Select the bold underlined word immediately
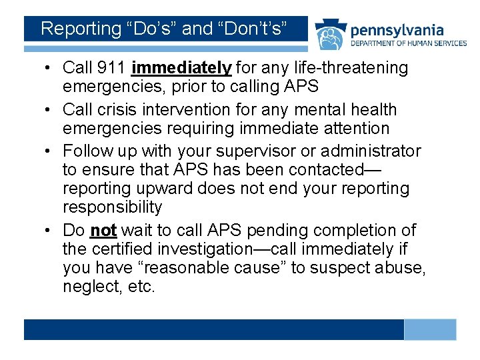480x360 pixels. click(182, 68)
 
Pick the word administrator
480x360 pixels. click(365, 151)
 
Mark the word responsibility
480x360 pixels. click(112, 207)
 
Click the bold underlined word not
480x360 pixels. click(103, 231)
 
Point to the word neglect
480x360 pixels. click(89, 287)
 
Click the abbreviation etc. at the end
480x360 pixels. click(141, 287)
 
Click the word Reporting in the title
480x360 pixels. click(79, 29)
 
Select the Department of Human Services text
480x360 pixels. click(408, 43)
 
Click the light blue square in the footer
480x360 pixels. click(430, 329)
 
